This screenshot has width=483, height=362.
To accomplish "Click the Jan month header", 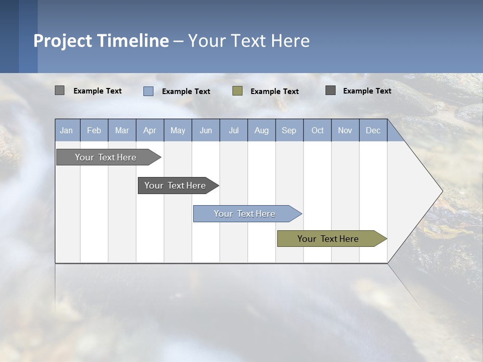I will pos(67,131).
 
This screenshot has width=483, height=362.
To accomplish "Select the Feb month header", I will pos(94,131).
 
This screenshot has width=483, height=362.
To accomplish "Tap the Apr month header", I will pos(149,131).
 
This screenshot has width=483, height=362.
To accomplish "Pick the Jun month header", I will pos(206,131).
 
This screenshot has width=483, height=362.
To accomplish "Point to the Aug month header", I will pos(261,131).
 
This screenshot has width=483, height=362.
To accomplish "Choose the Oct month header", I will pos(317,131).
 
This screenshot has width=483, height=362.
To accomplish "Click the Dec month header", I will pos(373,131).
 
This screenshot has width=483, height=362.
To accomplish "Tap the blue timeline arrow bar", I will pos(246,214).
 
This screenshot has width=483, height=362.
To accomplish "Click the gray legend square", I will pos(60,90).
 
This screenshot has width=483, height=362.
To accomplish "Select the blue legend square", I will pos(148,91).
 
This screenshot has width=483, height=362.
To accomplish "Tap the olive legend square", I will pos(237,91).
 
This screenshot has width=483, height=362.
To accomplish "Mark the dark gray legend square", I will pos(331,90).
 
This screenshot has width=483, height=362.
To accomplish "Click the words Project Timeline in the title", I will pos(101,41).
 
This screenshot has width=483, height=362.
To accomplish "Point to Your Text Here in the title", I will pos(249,41).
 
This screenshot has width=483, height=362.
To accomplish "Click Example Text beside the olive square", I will pos(274,92).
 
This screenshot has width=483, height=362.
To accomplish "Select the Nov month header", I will pos(345,131).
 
